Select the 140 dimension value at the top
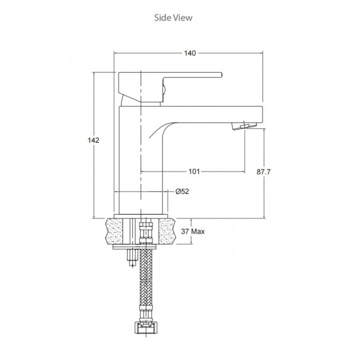[190, 53]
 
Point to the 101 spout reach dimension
[194, 172]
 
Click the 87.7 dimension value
[264, 171]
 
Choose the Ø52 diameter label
[183, 191]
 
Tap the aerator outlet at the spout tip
[243, 124]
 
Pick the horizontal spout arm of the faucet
[209, 112]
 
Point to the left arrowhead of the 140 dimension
[118, 53]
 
